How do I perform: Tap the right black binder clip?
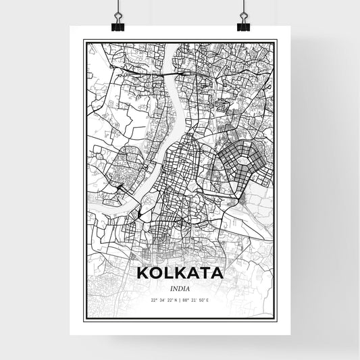tap(243, 23)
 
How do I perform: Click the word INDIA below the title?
tap(180, 288)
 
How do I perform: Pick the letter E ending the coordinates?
tap(207, 300)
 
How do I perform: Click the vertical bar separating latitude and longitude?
tap(180, 300)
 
